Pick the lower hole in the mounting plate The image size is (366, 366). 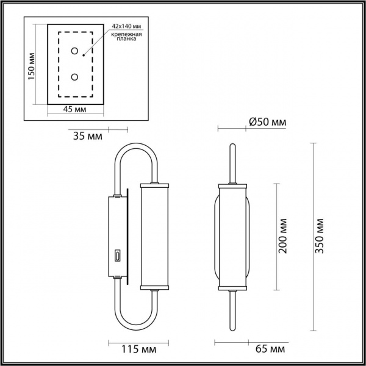[x=74, y=76]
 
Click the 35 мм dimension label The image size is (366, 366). [x=87, y=135]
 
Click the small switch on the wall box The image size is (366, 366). [x=115, y=256]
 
